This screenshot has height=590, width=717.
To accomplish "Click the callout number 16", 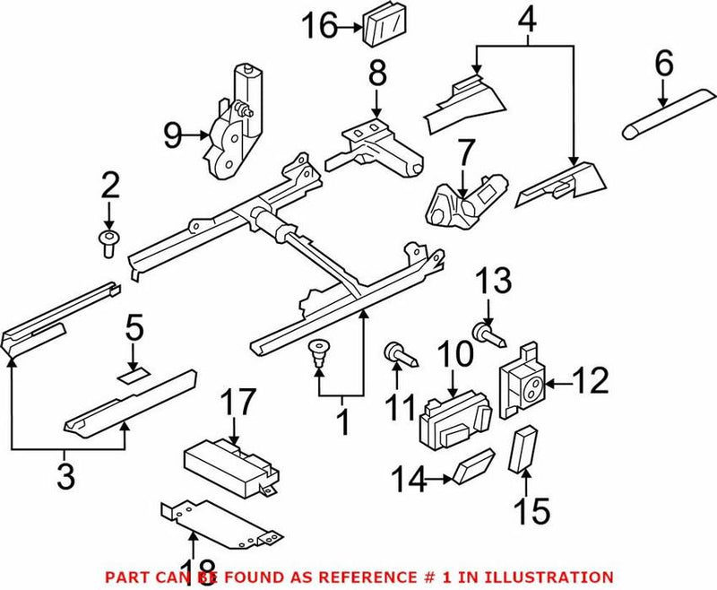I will pyautogui.click(x=319, y=26).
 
